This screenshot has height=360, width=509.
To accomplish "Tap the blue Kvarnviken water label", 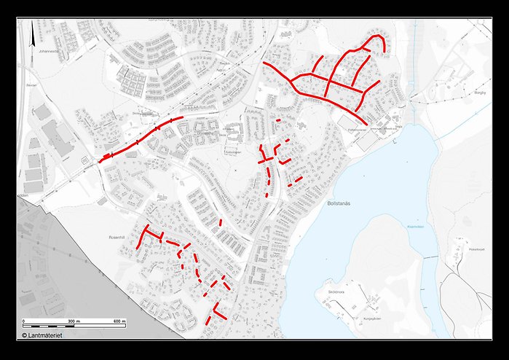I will pyautogui.click(x=415, y=227).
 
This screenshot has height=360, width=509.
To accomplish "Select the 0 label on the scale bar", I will pyautogui.click(x=24, y=321).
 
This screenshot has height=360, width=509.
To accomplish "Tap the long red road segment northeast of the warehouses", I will pyautogui.click(x=138, y=138).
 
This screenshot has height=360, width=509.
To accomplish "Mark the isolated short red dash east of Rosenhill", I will pyautogui.click(x=221, y=222).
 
